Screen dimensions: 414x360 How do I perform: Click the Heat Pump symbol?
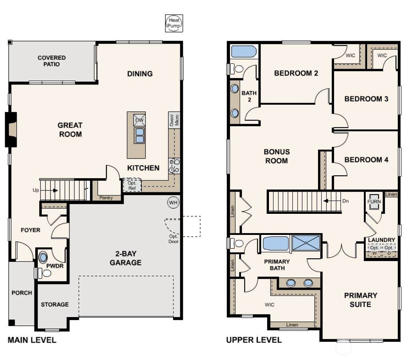pyautogui.click(x=174, y=23)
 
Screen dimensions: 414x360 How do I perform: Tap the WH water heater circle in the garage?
pyautogui.click(x=173, y=203)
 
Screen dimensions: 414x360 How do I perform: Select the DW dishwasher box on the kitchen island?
pyautogui.click(x=139, y=120)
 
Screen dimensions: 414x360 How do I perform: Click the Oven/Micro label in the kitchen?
pyautogui.click(x=174, y=120)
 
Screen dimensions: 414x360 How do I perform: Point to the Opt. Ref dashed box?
pyautogui.click(x=132, y=185)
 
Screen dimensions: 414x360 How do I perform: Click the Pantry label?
pyautogui.click(x=106, y=197)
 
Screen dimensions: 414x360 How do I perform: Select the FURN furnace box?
pyautogui.click(x=374, y=202)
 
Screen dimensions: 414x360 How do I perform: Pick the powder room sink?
pyautogui.click(x=43, y=257)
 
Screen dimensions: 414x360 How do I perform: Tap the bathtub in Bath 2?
pyautogui.click(x=244, y=52)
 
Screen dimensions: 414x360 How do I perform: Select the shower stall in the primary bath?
pyautogui.click(x=306, y=243)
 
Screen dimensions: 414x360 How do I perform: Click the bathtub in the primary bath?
pyautogui.click(x=276, y=243)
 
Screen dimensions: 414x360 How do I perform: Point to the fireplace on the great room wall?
pyautogui.click(x=11, y=129)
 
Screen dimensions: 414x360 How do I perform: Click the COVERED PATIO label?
pyautogui.click(x=52, y=61)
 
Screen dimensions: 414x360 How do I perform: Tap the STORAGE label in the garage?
pyautogui.click(x=55, y=304)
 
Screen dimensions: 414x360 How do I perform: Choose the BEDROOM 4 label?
pyautogui.click(x=366, y=160)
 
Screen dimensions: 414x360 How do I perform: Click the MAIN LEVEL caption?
pyautogui.click(x=32, y=340)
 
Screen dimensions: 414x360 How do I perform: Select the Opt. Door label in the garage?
pyautogui.click(x=173, y=239)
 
